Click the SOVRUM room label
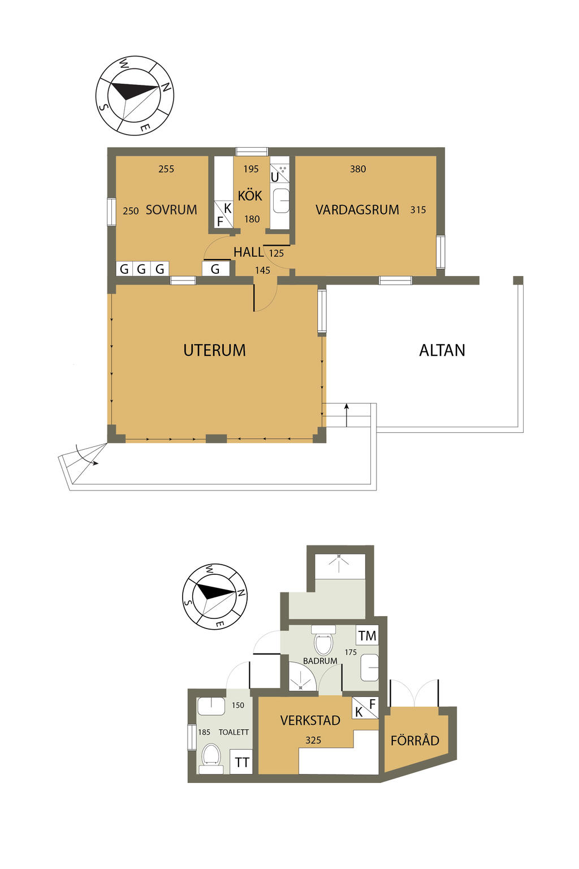click(171, 210)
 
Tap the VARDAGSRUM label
click(357, 210)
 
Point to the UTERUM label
click(214, 350)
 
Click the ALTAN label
click(442, 350)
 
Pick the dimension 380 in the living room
click(357, 169)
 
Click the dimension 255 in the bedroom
click(166, 169)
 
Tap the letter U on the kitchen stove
click(275, 177)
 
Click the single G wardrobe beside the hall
click(215, 269)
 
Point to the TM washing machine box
click(367, 636)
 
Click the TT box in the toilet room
click(241, 762)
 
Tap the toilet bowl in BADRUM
click(323, 641)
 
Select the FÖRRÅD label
click(414, 741)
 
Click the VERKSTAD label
click(310, 720)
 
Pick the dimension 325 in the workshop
click(313, 740)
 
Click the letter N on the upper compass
click(166, 88)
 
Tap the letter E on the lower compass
click(219, 624)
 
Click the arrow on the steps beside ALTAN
click(347, 415)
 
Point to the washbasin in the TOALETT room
click(211, 707)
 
